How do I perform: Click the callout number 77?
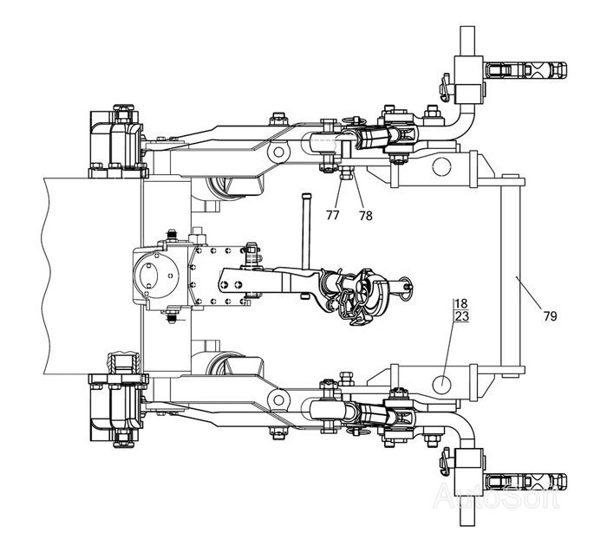(x=332, y=215)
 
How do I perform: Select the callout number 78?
(x=365, y=216)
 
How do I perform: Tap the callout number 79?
(x=550, y=316)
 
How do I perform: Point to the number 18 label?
(x=461, y=303)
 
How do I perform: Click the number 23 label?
(x=462, y=316)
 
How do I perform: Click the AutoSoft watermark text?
(x=496, y=496)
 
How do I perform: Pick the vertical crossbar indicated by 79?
(x=511, y=276)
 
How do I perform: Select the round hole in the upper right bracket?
(x=441, y=166)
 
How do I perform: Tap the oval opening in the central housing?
(x=148, y=276)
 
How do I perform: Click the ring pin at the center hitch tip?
(x=406, y=287)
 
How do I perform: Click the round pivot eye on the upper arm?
(x=278, y=152)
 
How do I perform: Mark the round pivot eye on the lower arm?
(x=278, y=399)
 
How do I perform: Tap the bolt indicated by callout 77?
(x=343, y=172)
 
